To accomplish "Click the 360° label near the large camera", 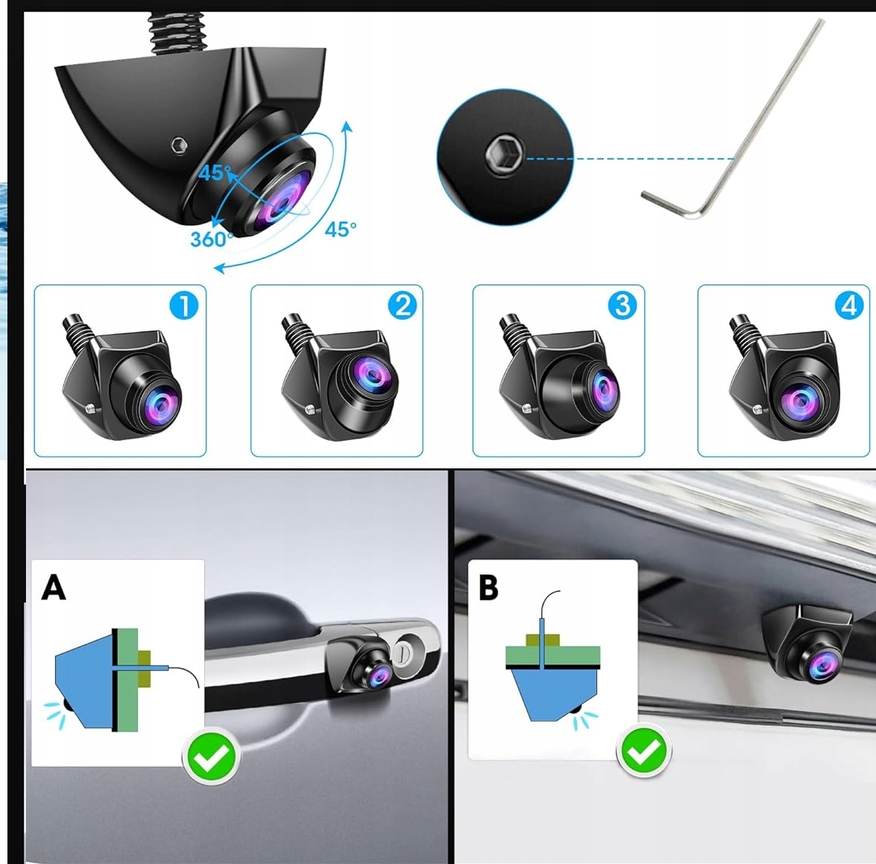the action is point(211,239).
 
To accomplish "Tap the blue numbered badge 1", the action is point(184,306).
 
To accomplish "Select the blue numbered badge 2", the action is point(402,306).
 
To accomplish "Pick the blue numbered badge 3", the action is point(622,306).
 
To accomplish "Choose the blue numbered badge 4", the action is point(849,306).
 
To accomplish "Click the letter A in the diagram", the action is point(53,587).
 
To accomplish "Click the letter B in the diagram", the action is point(488,587).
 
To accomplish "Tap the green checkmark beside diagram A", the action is point(211,756).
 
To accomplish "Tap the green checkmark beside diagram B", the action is point(644,751).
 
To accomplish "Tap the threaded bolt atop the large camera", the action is point(175,33).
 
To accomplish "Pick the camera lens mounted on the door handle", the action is point(380,675).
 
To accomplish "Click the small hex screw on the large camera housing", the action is point(180,145).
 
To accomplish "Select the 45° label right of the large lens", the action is point(340,229).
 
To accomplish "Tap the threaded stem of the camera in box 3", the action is point(512,330).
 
